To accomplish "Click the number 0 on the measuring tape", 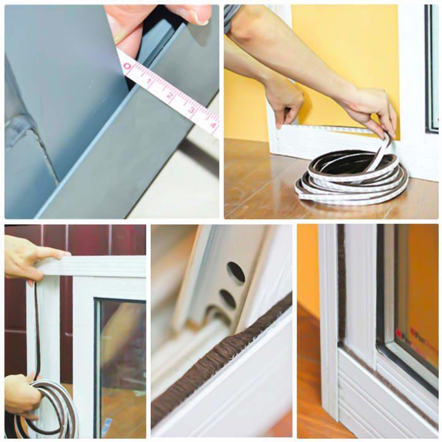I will point(127,66).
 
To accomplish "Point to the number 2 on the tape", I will point(170,97).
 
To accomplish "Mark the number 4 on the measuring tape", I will point(213,124).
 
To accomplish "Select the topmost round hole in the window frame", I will point(236,272).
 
